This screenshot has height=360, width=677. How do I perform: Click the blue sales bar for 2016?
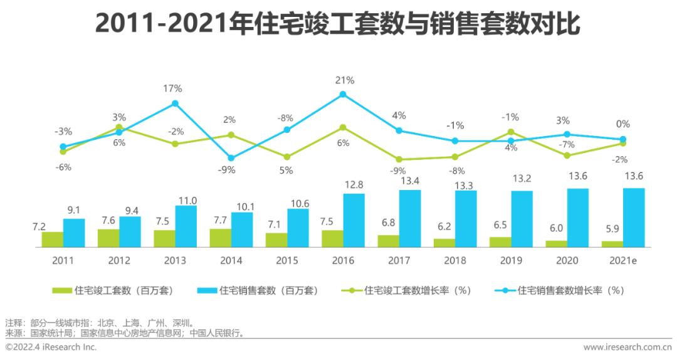354,221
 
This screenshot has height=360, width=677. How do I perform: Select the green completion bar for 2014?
220,238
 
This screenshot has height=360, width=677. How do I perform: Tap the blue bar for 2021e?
634,218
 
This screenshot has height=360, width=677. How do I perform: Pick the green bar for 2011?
53,240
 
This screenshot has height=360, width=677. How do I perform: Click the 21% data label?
345,80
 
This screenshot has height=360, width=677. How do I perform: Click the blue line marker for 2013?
176,103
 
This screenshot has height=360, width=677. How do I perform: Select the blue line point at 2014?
231,158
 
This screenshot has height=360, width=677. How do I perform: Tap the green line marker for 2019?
511,132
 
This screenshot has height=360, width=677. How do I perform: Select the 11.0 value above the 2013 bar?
187,201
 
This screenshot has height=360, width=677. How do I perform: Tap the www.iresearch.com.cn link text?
627,347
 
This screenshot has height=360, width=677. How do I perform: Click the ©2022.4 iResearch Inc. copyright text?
51,347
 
